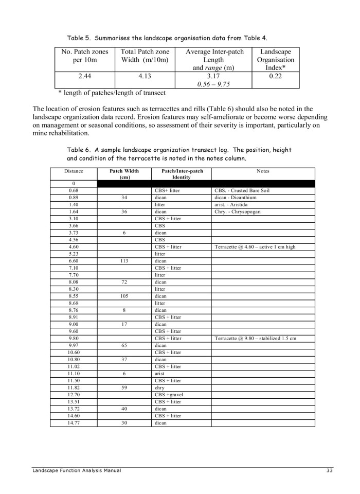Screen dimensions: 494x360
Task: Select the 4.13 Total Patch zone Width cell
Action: click(x=145, y=76)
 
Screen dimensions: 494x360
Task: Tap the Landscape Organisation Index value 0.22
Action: click(x=275, y=76)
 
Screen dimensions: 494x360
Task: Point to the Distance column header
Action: click(x=74, y=171)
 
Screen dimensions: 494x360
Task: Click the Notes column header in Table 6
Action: click(x=263, y=171)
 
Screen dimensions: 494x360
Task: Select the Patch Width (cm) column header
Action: click(x=125, y=174)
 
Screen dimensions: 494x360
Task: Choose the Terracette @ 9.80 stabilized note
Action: click(x=255, y=338)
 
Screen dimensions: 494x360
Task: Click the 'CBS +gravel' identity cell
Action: click(x=169, y=395)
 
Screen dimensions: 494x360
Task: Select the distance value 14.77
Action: click(x=74, y=422)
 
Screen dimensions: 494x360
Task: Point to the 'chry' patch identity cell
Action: click(x=159, y=387)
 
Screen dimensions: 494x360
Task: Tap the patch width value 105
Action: click(x=124, y=296)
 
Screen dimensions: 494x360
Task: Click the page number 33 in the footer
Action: click(x=330, y=470)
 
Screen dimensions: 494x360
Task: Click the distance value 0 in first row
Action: click(x=74, y=184)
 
